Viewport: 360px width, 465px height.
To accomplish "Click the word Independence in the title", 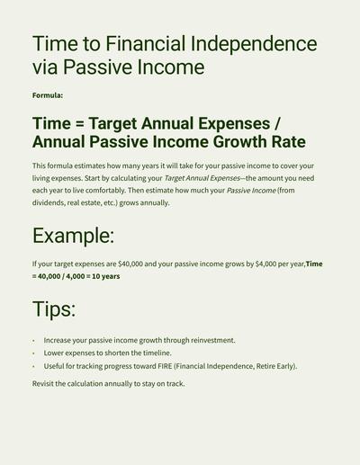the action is [254, 44].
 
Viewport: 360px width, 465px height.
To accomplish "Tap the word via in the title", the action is [45, 67].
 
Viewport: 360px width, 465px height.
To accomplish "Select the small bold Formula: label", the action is [48, 95].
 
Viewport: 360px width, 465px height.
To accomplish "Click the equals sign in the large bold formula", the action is [79, 124].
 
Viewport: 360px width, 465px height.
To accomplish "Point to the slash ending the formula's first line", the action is [277, 123].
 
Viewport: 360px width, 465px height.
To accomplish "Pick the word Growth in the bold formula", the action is [239, 142].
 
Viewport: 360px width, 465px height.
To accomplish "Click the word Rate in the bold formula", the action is [289, 142].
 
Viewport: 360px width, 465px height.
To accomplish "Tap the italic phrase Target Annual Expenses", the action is [202, 178].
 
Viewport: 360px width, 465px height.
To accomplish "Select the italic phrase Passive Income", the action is [251, 191].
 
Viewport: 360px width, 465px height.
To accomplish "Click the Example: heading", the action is [74, 236].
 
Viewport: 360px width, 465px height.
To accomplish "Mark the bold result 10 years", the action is [106, 276].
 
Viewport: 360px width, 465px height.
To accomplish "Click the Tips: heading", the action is [54, 309].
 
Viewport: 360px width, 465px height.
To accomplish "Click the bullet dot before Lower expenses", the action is [33, 353].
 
